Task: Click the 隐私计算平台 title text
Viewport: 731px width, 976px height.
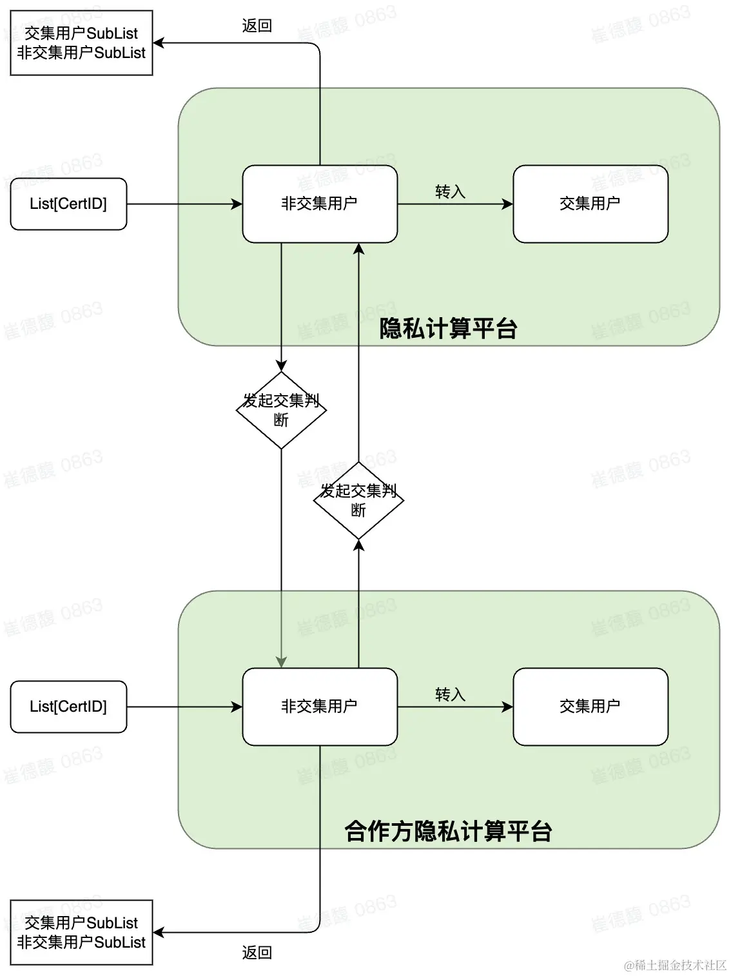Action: coord(448,329)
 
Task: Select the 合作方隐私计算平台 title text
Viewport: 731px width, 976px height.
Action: coord(448,831)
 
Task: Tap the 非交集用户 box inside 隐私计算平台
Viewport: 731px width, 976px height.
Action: coord(320,204)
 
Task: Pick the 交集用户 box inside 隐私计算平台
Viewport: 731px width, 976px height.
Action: coord(590,204)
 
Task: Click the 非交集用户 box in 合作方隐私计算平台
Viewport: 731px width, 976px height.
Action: coord(320,707)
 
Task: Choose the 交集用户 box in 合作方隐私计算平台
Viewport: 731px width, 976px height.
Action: coord(590,707)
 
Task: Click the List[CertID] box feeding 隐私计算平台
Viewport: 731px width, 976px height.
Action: coord(68,204)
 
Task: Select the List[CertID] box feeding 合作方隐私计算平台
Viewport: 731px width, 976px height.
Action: coord(68,707)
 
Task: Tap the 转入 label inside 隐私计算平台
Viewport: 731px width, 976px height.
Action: coord(450,191)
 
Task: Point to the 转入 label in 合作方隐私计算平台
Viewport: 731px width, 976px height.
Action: coord(450,694)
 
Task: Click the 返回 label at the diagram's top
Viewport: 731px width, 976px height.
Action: coord(257,26)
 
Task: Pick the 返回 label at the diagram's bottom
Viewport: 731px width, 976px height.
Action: coord(257,952)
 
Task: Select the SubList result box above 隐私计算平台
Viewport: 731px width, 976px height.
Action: coord(81,43)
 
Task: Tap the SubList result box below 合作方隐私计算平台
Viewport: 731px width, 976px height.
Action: coord(81,932)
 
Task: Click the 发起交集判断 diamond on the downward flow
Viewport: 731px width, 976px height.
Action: coord(281,410)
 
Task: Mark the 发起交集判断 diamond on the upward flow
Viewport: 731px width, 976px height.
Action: coord(358,500)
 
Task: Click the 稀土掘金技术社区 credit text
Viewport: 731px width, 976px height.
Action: coord(675,964)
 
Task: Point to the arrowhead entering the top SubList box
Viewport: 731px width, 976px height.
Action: coord(159,43)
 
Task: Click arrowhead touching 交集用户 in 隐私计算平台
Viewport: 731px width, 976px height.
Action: coord(508,204)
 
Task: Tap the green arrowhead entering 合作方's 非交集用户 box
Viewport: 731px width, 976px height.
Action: coord(281,662)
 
